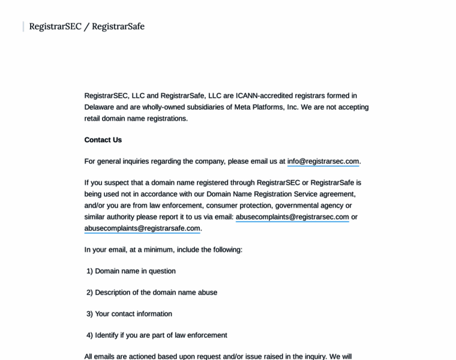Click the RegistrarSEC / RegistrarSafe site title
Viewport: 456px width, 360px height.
click(87, 26)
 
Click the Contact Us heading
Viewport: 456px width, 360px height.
click(103, 140)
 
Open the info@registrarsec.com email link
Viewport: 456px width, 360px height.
click(323, 161)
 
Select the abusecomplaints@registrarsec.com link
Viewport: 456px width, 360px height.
click(292, 217)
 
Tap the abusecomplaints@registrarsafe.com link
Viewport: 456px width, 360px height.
click(142, 229)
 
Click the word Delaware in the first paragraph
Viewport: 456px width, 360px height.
click(99, 107)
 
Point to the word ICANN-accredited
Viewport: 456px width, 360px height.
click(265, 96)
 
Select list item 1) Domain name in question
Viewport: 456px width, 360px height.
click(131, 271)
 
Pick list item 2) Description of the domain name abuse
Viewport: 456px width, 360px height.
click(152, 293)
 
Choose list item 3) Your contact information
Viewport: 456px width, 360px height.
click(129, 314)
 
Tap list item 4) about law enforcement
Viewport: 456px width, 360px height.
click(157, 335)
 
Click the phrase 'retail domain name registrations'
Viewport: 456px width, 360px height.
click(136, 119)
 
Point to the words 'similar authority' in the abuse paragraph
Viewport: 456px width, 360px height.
click(112, 217)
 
